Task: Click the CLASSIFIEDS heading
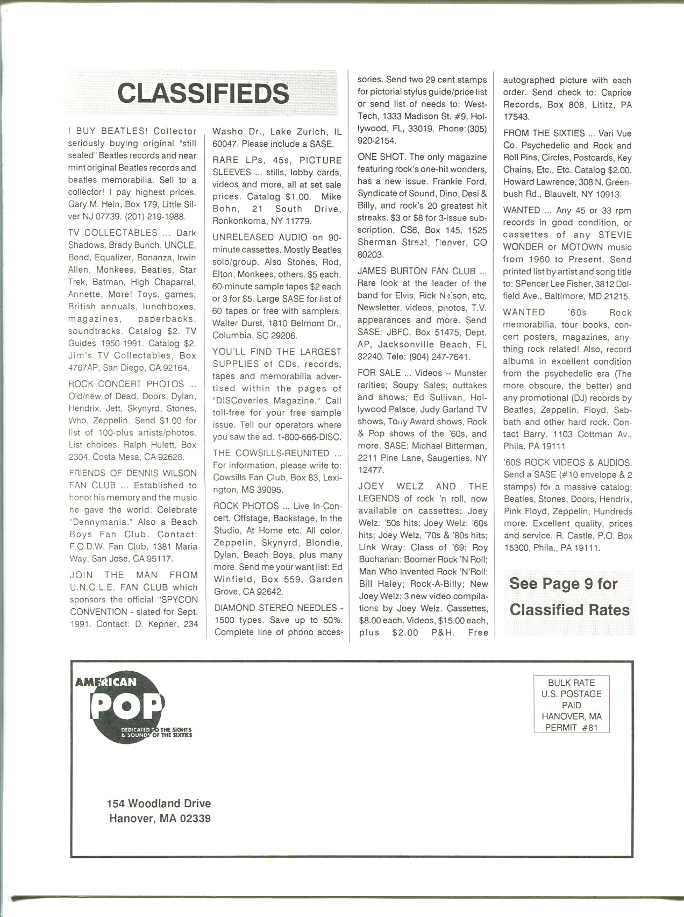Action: pyautogui.click(x=203, y=94)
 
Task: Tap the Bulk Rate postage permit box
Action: pyautogui.click(x=571, y=705)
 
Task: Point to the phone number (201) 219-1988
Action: pyautogui.click(x=156, y=217)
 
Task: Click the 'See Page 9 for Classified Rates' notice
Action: pyautogui.click(x=569, y=597)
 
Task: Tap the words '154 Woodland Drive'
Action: pyautogui.click(x=159, y=803)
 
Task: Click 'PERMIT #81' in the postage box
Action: pyautogui.click(x=571, y=727)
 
